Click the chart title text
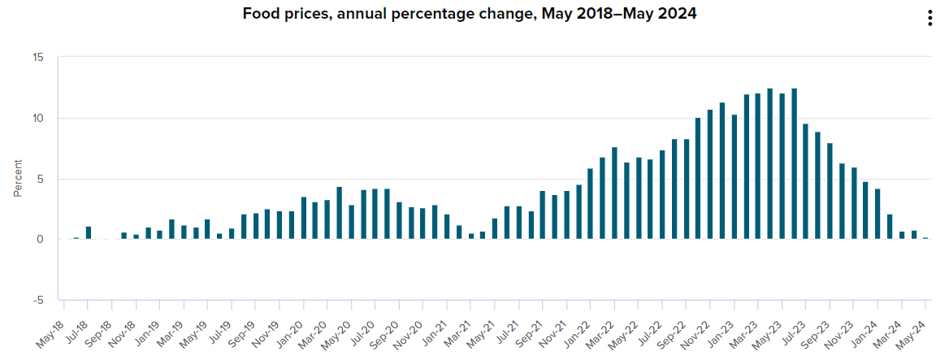tap(469, 14)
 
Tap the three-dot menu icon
tap(929, 19)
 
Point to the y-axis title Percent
tap(18, 179)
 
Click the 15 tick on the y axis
tap(39, 57)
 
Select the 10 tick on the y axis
tap(39, 118)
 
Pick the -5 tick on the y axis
tap(39, 300)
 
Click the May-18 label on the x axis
tap(51, 332)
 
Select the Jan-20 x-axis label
tap(289, 332)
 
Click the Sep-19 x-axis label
tap(241, 332)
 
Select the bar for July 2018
tap(89, 233)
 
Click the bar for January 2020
tap(303, 219)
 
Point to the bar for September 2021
tap(542, 215)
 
